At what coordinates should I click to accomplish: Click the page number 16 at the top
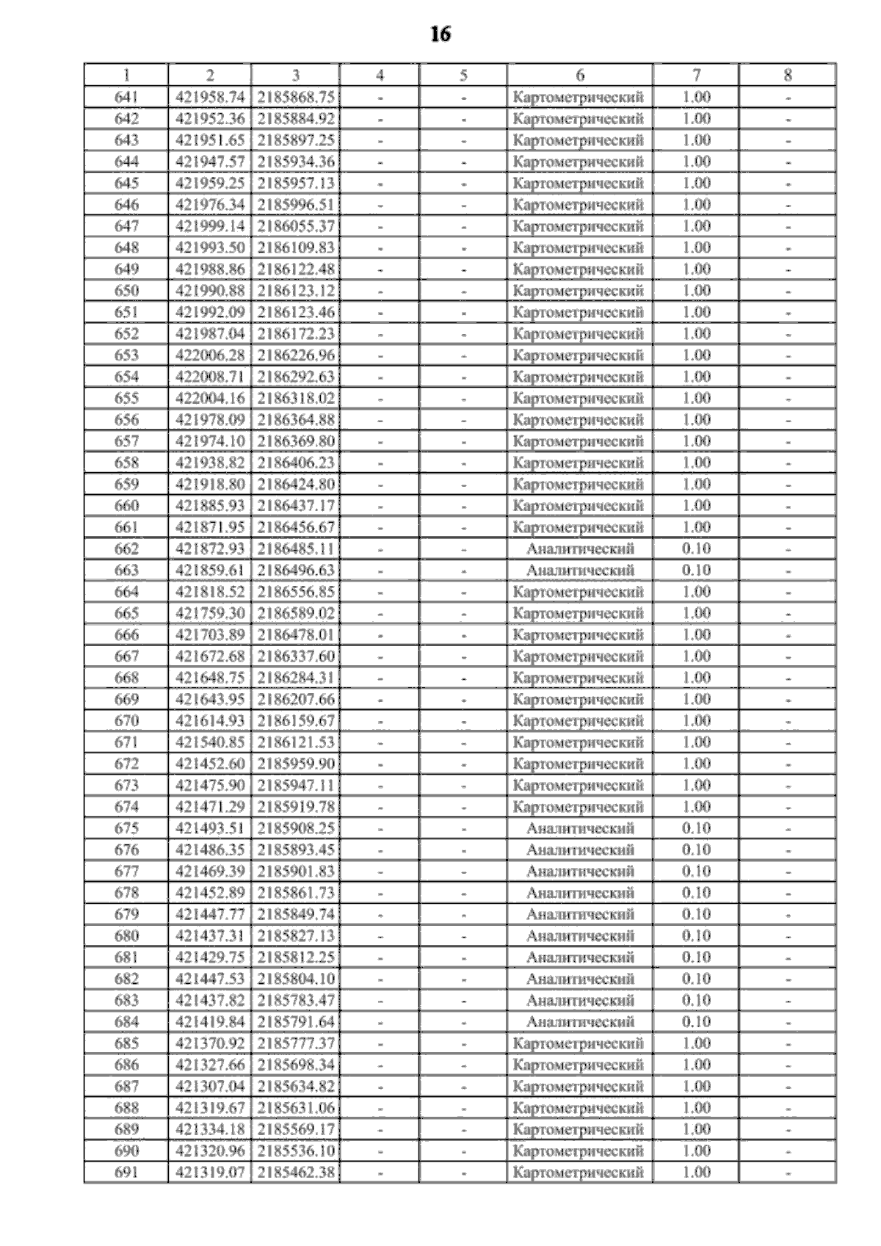coord(440,35)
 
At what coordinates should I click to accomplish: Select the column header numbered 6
coord(580,75)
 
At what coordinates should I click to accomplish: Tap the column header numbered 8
coord(787,75)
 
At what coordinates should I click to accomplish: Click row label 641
coord(126,97)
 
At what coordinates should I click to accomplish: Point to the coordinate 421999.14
coord(210,226)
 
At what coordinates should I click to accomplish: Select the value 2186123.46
coord(296,312)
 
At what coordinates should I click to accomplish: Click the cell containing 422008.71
coord(210,377)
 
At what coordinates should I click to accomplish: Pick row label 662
coord(126,548)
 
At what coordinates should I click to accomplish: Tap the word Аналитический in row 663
coord(580,571)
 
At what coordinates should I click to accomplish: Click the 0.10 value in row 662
coord(696,548)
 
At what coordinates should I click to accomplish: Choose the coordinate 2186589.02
coord(296,613)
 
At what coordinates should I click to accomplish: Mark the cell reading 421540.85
coord(210,742)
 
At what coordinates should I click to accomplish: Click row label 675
coord(126,828)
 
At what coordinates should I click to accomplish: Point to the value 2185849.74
coord(296,914)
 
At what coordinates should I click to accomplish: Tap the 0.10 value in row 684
coord(696,1022)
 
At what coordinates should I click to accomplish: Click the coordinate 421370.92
coord(210,1043)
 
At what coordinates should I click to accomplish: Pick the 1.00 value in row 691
coord(696,1173)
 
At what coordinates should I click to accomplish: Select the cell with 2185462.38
coord(296,1173)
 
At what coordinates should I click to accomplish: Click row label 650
coord(126,291)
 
